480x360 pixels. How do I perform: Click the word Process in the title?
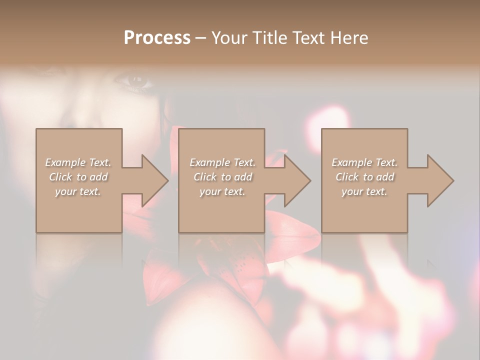[x=157, y=38]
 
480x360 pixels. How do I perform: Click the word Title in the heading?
[x=270, y=38]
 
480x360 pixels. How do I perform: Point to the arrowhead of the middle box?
[x=296, y=180]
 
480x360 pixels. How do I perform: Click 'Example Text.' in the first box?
[x=78, y=162]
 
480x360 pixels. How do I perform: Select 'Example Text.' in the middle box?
[x=222, y=162]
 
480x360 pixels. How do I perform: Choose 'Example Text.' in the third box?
[x=364, y=162]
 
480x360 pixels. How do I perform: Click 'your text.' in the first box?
[x=78, y=191]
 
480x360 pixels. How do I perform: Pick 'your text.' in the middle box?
[x=222, y=191]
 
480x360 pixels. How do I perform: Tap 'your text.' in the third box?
[x=364, y=191]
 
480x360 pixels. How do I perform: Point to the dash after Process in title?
[x=200, y=38]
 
